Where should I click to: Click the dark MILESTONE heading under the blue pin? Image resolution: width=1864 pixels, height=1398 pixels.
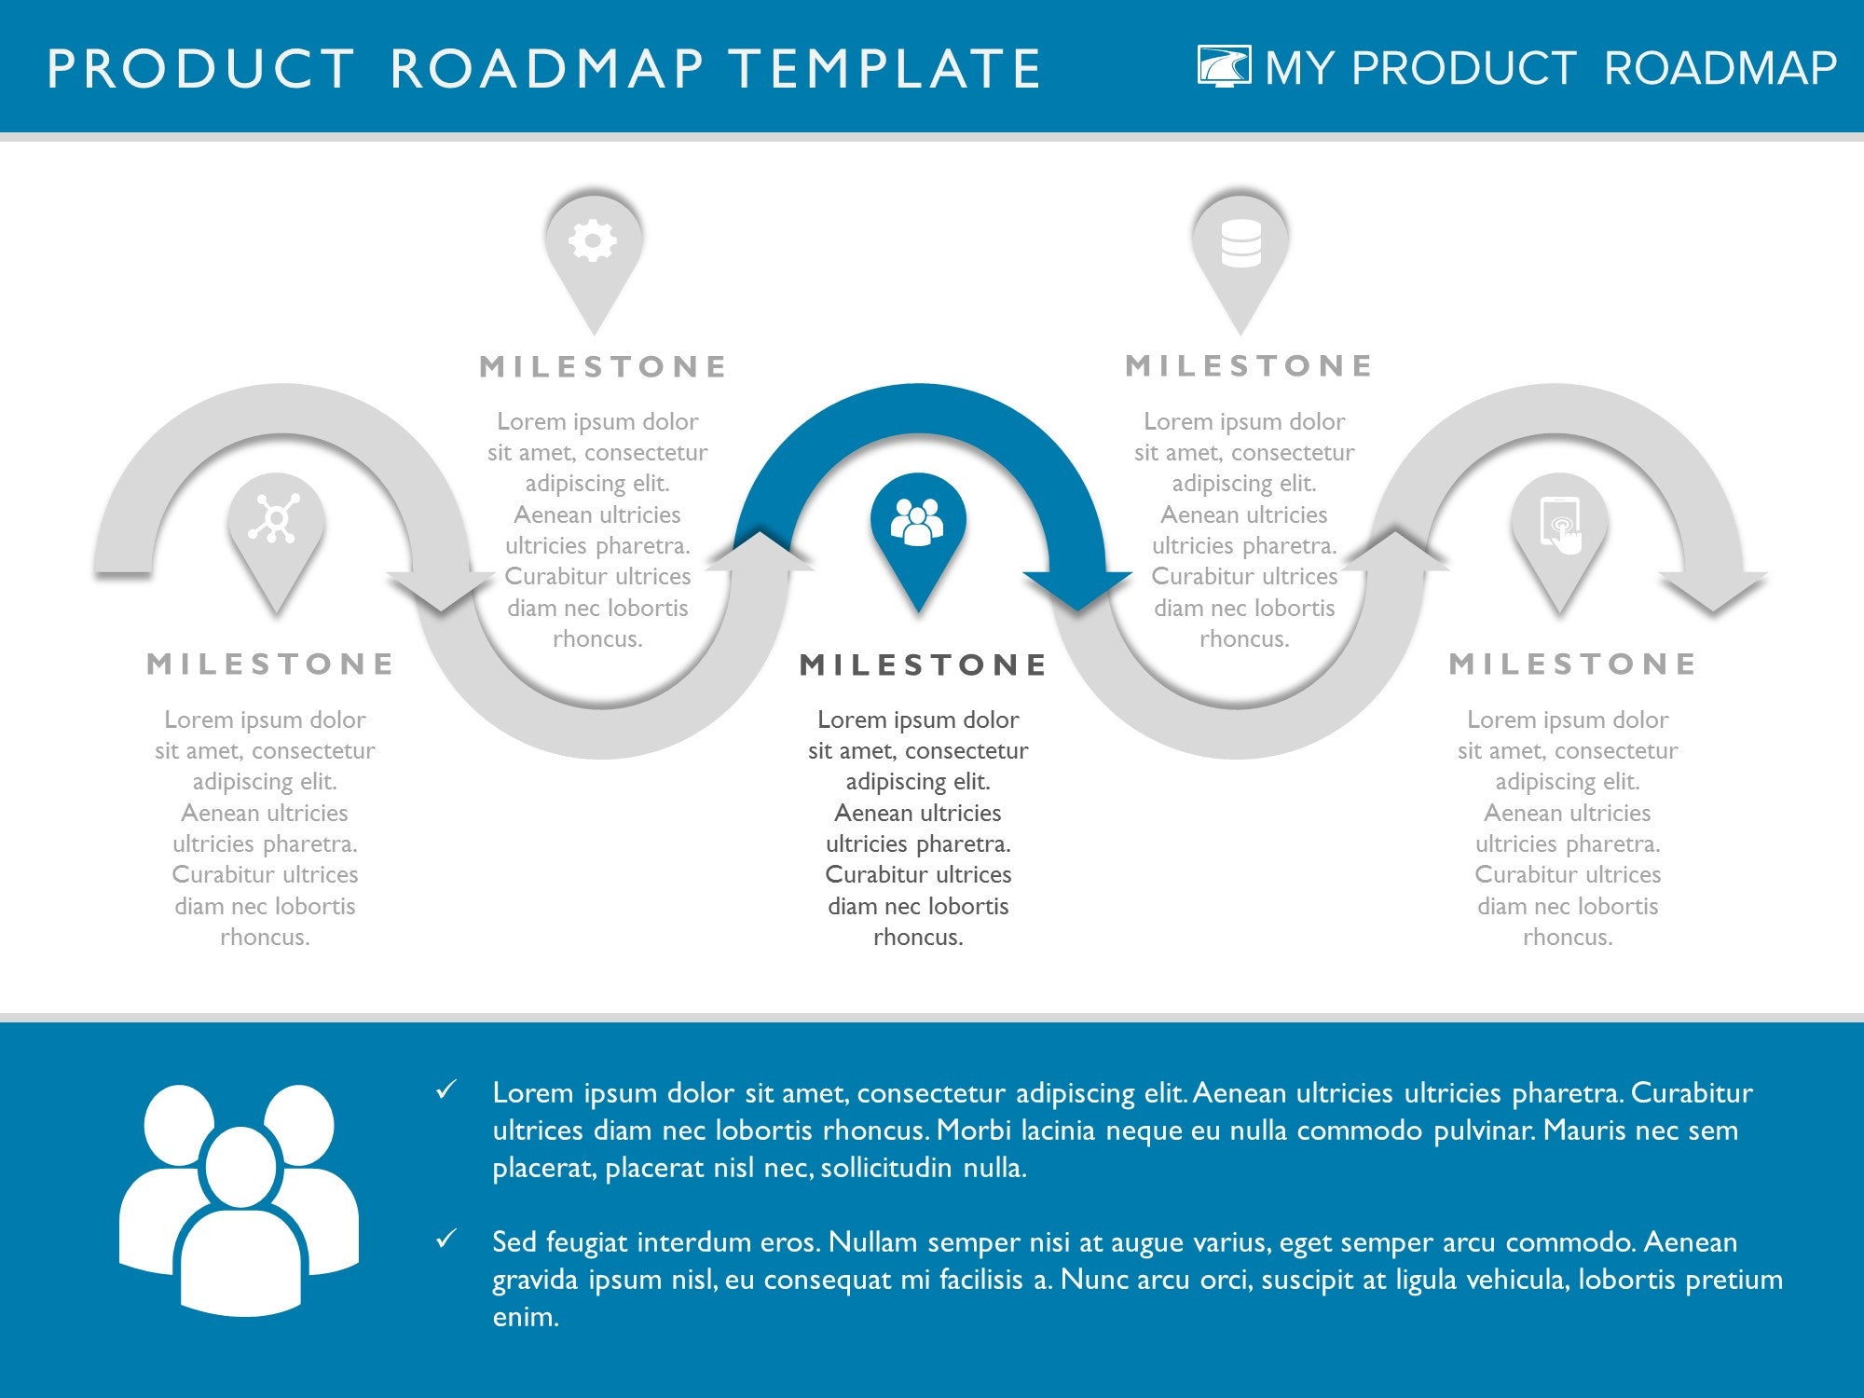click(924, 665)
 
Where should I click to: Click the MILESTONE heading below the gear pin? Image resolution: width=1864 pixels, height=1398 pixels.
click(603, 366)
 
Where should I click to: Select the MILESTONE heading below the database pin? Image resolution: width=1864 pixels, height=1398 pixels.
click(1249, 365)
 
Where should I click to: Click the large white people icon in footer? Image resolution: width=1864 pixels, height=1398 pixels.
click(240, 1200)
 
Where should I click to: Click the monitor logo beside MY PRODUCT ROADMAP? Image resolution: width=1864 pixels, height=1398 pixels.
click(1225, 66)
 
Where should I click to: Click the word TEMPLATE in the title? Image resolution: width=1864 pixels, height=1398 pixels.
click(884, 69)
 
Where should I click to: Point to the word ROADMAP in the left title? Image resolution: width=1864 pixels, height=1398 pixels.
click(547, 69)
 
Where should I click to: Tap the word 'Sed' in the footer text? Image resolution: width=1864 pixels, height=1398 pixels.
click(514, 1241)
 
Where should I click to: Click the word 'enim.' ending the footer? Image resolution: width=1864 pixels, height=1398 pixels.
click(526, 1316)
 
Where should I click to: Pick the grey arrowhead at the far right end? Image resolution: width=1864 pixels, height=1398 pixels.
click(1713, 590)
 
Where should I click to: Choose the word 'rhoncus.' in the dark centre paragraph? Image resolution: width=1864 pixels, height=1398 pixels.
click(918, 937)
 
